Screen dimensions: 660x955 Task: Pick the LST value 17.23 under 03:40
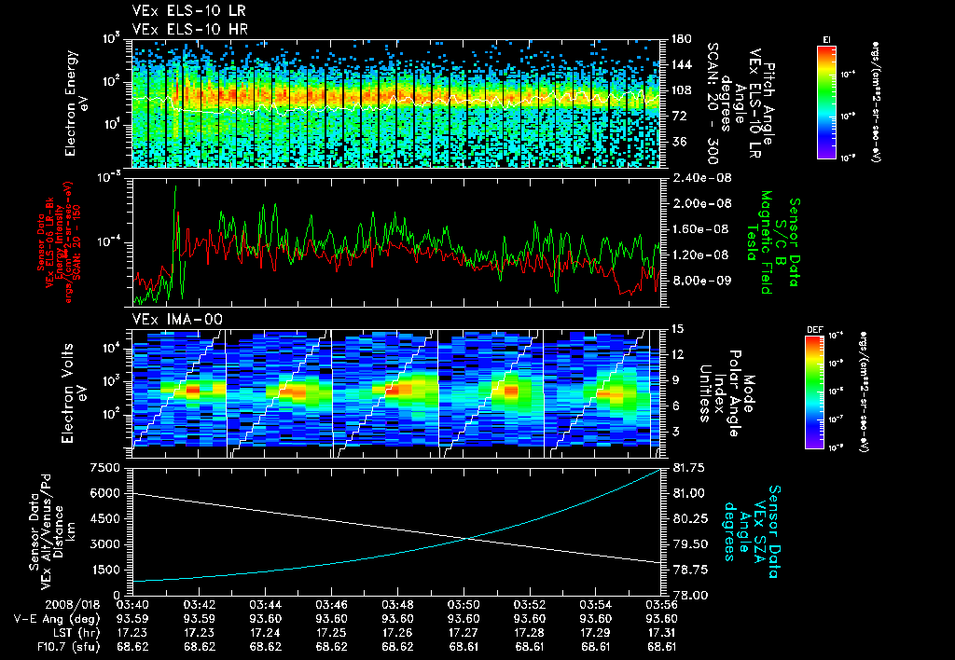click(x=132, y=631)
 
